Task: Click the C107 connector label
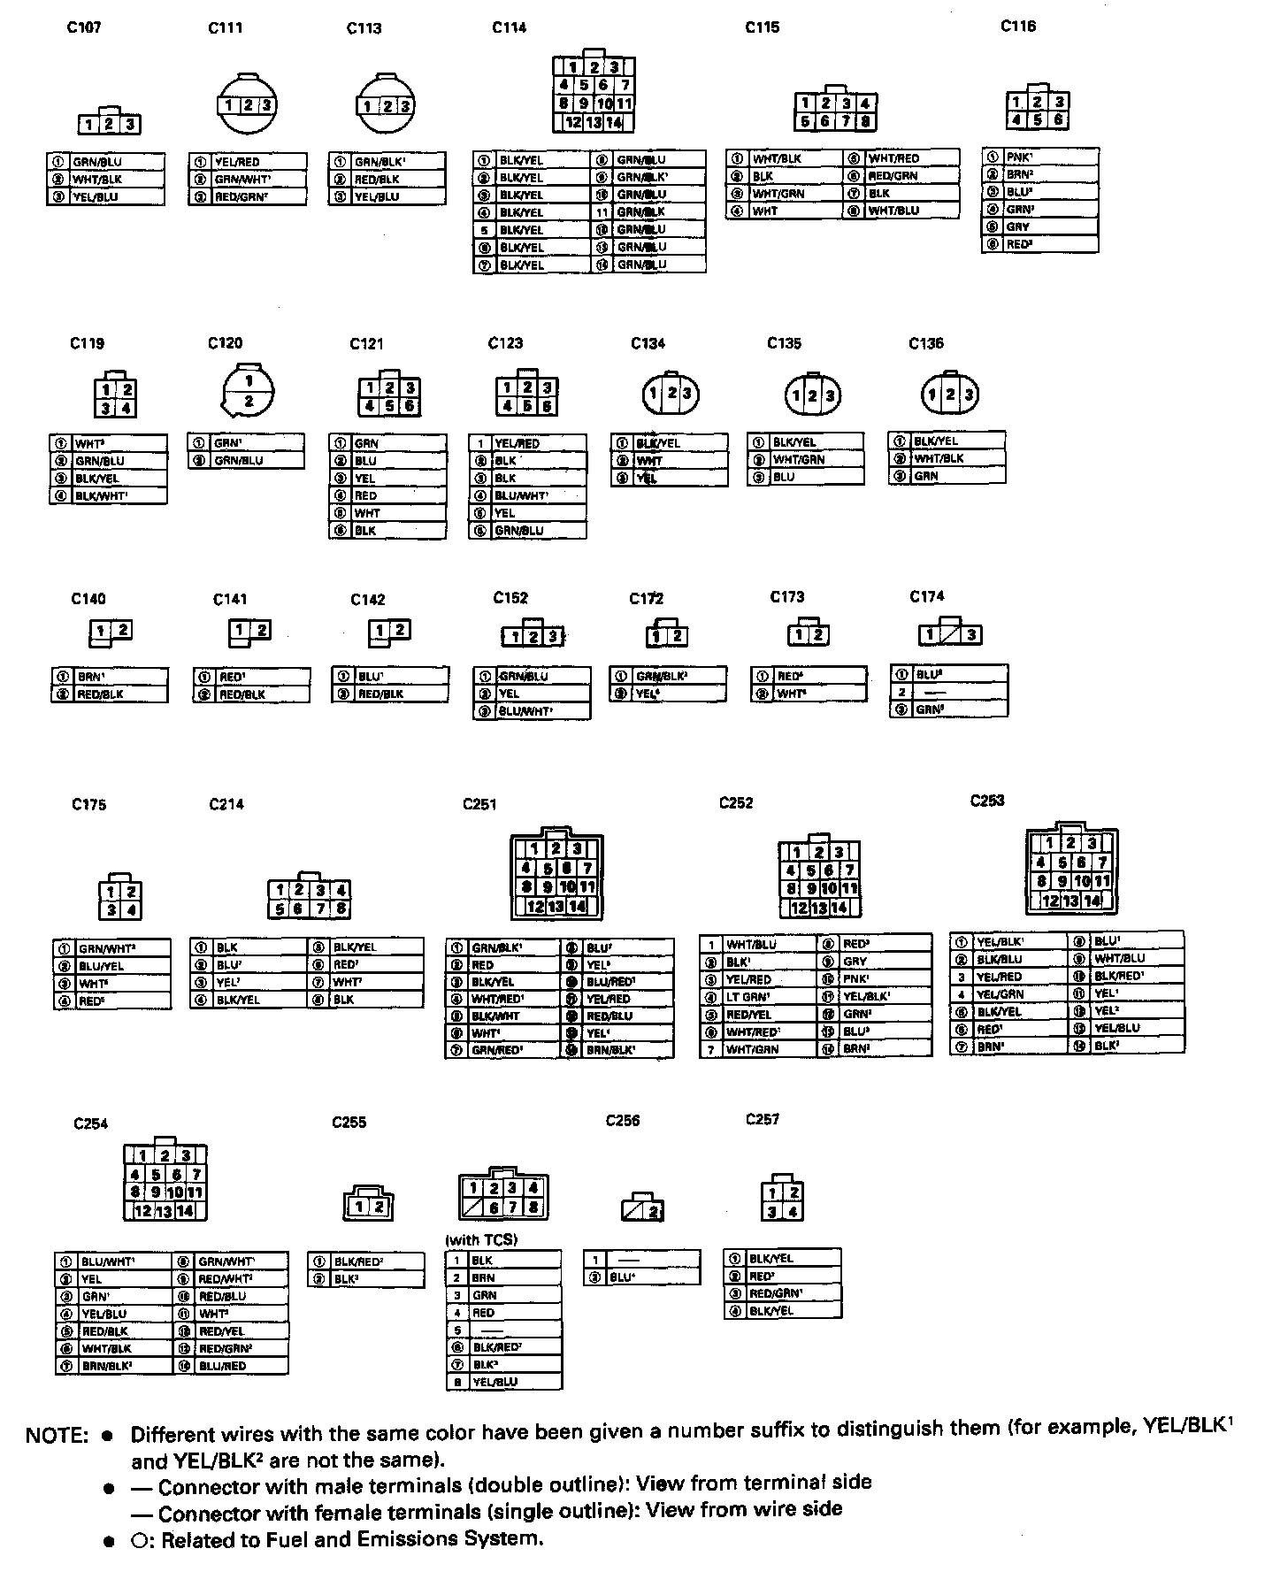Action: pyautogui.click(x=84, y=27)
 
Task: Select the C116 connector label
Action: pyautogui.click(x=1018, y=27)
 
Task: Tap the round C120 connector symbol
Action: pyautogui.click(x=249, y=390)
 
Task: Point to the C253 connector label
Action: pyautogui.click(x=987, y=801)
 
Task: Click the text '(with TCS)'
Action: pyautogui.click(x=481, y=1239)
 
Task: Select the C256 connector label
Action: pyautogui.click(x=623, y=1121)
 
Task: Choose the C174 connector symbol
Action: pyautogui.click(x=949, y=634)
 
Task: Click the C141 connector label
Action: pyautogui.click(x=230, y=600)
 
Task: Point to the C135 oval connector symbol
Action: pyautogui.click(x=813, y=395)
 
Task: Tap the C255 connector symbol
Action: pyautogui.click(x=369, y=1205)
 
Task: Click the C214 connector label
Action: pyautogui.click(x=226, y=804)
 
